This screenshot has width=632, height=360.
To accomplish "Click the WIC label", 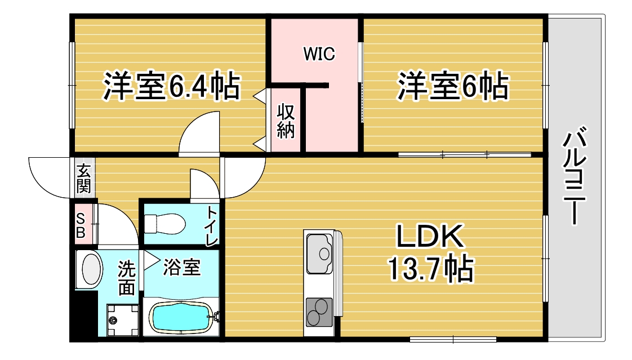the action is click(x=319, y=54).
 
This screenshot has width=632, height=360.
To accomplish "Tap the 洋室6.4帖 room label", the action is click(x=172, y=86).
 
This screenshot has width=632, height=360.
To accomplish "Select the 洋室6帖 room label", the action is click(x=453, y=86).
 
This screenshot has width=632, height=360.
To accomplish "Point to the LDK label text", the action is click(x=430, y=236).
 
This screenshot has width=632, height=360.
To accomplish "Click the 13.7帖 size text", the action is click(x=430, y=269).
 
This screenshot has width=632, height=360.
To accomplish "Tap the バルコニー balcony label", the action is click(x=574, y=175).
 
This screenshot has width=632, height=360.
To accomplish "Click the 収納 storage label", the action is click(x=286, y=121).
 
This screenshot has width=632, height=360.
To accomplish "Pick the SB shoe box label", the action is click(x=81, y=226).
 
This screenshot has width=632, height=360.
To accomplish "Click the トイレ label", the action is click(x=212, y=226).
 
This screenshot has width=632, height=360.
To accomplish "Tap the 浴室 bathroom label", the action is click(x=181, y=267).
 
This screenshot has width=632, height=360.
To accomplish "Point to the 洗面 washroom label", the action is click(x=126, y=278).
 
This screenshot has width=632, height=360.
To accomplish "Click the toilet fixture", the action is click(x=164, y=223).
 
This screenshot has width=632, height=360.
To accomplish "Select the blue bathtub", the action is click(x=181, y=318).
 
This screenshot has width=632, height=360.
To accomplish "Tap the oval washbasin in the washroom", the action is click(x=91, y=269).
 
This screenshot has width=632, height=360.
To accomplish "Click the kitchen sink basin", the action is click(x=319, y=254).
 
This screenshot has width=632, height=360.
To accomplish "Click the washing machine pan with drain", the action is click(x=123, y=320).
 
